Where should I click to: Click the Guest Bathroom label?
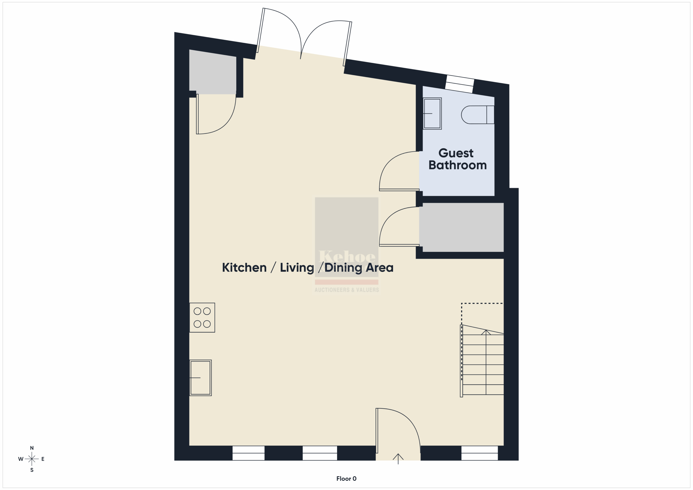[x=457, y=159]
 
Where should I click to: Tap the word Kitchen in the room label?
[x=244, y=268]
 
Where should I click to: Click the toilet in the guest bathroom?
[x=478, y=115]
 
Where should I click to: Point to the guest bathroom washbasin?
[x=432, y=113]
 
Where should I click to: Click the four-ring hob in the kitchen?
[x=202, y=318]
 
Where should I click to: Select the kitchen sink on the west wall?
[x=200, y=378]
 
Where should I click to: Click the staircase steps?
[x=482, y=361]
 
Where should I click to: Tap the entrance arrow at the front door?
[x=398, y=459]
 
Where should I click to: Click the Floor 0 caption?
[x=346, y=479]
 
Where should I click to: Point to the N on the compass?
[x=32, y=448]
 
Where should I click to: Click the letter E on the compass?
[x=43, y=459]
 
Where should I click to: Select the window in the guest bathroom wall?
[x=460, y=84]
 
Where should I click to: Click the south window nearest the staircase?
[x=480, y=453]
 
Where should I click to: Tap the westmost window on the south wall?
[x=249, y=453]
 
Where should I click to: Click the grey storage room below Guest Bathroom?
[x=462, y=227]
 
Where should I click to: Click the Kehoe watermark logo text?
[x=347, y=257]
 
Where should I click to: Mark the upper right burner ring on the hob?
[x=207, y=311]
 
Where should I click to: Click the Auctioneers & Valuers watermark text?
[x=346, y=290]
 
